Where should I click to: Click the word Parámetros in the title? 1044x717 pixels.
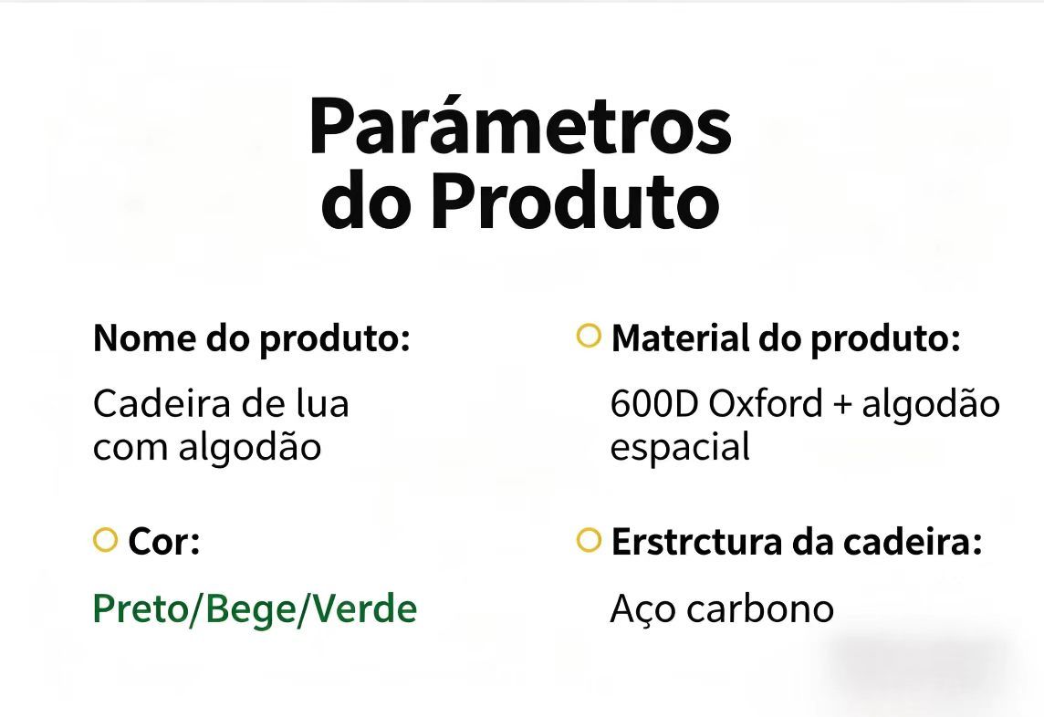pyautogui.click(x=520, y=127)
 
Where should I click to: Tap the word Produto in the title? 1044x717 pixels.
pyautogui.click(x=575, y=201)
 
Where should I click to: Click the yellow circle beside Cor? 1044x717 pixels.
pyautogui.click(x=105, y=540)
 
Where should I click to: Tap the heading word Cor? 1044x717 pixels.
pyautogui.click(x=163, y=541)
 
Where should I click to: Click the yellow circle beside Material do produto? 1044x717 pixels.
pyautogui.click(x=589, y=337)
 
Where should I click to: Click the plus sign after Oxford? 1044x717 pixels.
pyautogui.click(x=842, y=405)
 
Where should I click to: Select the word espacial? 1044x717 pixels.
pyautogui.click(x=681, y=447)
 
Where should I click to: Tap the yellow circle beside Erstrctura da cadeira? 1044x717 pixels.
pyautogui.click(x=589, y=540)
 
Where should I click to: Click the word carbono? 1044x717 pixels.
pyautogui.click(x=759, y=608)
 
